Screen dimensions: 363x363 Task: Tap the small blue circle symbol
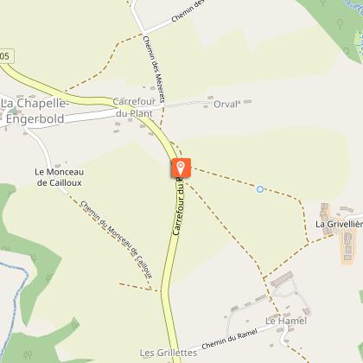click(x=259, y=188)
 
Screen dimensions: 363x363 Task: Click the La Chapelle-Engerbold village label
click(x=36, y=110)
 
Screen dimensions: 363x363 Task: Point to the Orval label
click(x=225, y=103)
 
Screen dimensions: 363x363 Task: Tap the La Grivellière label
click(x=338, y=225)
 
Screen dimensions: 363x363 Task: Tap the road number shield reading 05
click(x=6, y=56)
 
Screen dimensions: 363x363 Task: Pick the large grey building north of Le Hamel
click(x=282, y=281)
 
